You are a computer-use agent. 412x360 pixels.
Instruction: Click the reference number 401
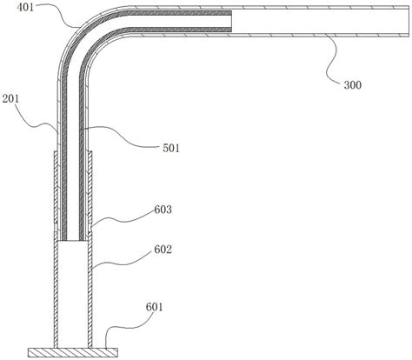point(25,7)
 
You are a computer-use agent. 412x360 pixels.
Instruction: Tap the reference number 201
point(10,99)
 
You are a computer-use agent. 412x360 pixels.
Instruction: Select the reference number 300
point(353,85)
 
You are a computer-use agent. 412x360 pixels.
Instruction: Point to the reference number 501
point(171,148)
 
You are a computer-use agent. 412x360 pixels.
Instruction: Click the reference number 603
point(163,210)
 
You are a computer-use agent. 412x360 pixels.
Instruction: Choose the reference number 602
point(163,250)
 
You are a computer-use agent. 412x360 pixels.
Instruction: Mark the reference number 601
point(154,307)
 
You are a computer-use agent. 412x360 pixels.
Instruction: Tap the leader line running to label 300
point(332,60)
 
